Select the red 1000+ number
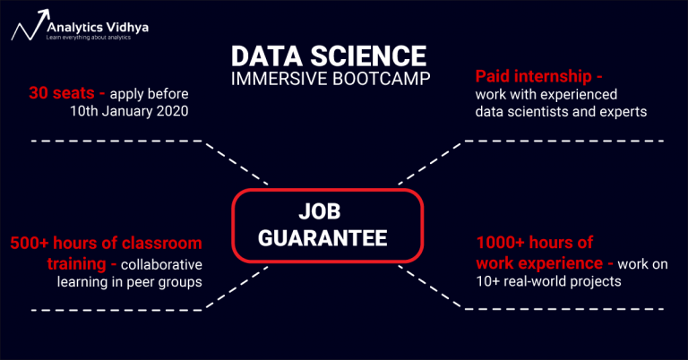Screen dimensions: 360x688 (x=503, y=243)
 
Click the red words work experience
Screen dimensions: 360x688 (x=538, y=264)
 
